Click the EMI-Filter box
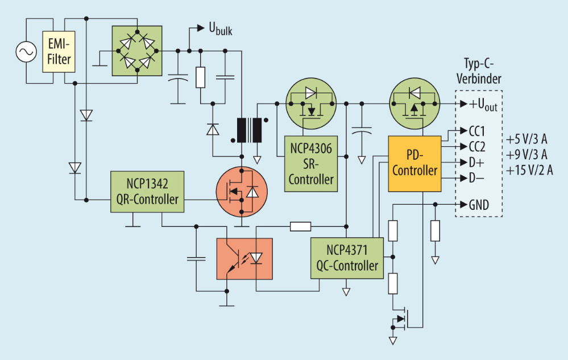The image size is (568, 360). (x=59, y=52)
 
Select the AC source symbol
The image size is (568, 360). (x=26, y=52)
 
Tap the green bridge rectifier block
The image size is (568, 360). (x=136, y=51)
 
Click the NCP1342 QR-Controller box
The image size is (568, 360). (x=147, y=191)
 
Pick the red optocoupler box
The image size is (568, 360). (x=244, y=258)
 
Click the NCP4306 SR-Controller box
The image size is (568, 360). (x=311, y=164)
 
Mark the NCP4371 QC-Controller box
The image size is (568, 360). (x=345, y=258)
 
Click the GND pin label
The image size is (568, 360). (x=478, y=205)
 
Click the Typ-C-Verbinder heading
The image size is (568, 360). (x=478, y=72)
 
